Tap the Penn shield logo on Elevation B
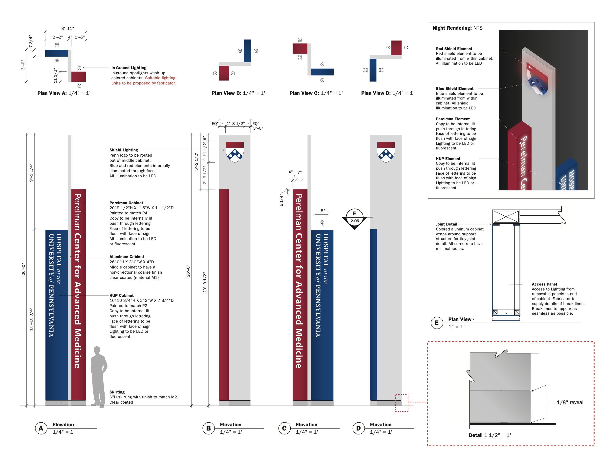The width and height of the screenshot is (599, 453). tap(235, 152)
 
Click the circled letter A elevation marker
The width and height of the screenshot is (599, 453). tap(41, 428)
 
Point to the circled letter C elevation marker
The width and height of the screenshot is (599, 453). tap(284, 428)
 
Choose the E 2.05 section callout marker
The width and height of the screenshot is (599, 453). tap(354, 218)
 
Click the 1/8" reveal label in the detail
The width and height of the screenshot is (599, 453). tap(570, 402)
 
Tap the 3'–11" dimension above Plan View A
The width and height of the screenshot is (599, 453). tap(67, 28)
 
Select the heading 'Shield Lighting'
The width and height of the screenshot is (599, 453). tap(124, 150)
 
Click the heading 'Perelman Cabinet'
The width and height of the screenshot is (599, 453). tap(126, 203)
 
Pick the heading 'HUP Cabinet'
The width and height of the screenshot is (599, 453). tap(121, 295)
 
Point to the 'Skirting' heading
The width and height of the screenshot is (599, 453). tap(117, 392)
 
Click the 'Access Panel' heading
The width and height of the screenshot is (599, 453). tap(544, 284)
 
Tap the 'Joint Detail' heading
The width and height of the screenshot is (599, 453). tap(446, 224)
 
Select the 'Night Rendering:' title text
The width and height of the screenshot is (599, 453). tap(452, 28)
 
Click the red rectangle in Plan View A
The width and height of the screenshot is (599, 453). tap(79, 77)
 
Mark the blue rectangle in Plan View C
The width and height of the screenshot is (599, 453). tap(322, 72)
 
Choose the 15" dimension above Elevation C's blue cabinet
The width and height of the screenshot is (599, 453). tap(322, 211)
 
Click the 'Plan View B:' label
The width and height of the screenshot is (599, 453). tap(226, 93)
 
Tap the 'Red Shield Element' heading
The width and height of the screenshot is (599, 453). tap(454, 49)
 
